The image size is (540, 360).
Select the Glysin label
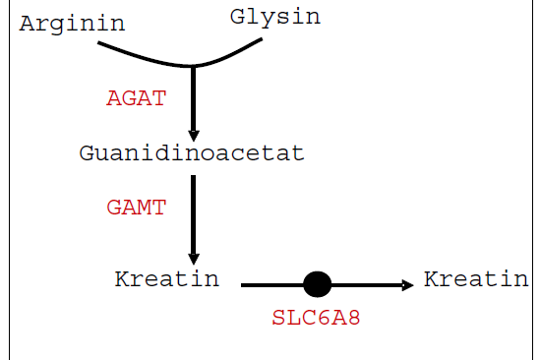pyautogui.click(x=274, y=17)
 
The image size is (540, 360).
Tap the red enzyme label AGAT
pyautogui.click(x=136, y=98)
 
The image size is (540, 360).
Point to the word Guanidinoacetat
pyautogui.click(x=192, y=153)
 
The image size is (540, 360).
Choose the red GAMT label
pyautogui.click(x=136, y=208)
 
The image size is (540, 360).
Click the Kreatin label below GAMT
pyautogui.click(x=166, y=278)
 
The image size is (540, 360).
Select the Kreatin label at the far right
pyautogui.click(x=476, y=278)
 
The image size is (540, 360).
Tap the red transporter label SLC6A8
pyautogui.click(x=316, y=319)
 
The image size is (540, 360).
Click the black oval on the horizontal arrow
pyautogui.click(x=317, y=285)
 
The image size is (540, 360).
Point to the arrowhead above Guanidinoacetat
pyautogui.click(x=193, y=134)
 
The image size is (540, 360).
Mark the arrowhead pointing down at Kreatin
pyautogui.click(x=193, y=258)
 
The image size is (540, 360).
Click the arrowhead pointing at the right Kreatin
pyautogui.click(x=407, y=285)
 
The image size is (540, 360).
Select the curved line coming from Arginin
pyautogui.click(x=138, y=56)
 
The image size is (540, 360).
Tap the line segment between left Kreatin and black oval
pyautogui.click(x=271, y=285)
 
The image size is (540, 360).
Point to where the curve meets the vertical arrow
pyautogui.click(x=193, y=67)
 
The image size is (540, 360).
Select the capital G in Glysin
pyautogui.click(x=237, y=17)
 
